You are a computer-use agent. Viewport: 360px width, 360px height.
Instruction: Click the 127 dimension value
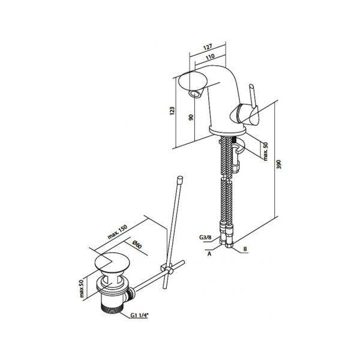pyautogui.click(x=208, y=47)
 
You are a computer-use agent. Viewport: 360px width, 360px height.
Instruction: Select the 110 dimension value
pyautogui.click(x=210, y=57)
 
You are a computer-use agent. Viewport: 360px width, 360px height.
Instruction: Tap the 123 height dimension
pyautogui.click(x=172, y=111)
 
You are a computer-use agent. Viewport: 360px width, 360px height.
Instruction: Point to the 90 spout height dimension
pyautogui.click(x=191, y=117)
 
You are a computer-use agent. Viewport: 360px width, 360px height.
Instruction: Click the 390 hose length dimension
pyautogui.click(x=278, y=164)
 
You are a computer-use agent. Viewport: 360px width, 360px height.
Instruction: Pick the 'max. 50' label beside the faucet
pyautogui.click(x=265, y=151)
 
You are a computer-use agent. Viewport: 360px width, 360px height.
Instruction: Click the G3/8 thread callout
pyautogui.click(x=205, y=238)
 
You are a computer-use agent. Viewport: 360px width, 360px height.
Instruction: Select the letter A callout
pyautogui.click(x=209, y=254)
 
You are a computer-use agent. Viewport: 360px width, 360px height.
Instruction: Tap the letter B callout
pyautogui.click(x=245, y=249)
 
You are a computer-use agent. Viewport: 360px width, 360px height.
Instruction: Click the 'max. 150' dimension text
pyautogui.click(x=118, y=232)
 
